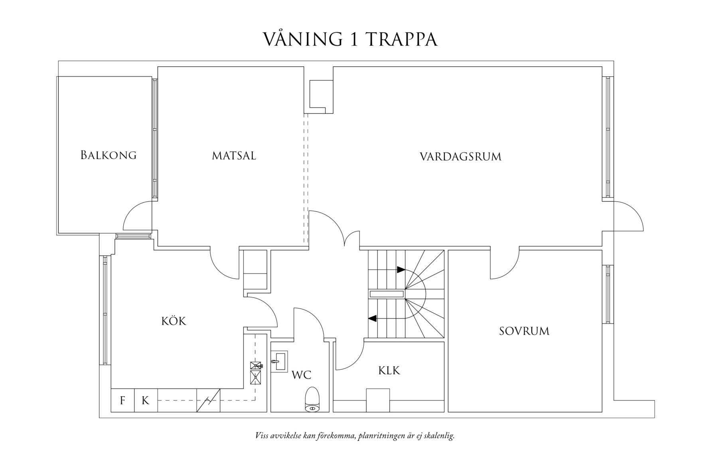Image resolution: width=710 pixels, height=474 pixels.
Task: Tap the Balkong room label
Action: (108, 155)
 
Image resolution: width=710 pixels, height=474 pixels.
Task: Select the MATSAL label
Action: (234, 155)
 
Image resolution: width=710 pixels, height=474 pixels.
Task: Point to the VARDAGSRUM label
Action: (460, 156)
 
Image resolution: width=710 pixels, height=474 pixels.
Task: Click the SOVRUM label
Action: (524, 331)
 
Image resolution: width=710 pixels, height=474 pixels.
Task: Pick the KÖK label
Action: (174, 321)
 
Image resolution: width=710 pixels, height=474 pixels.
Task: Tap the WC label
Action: (301, 375)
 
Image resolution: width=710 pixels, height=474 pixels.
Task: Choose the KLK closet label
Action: (389, 371)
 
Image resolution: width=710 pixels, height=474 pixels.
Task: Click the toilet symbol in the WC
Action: (312, 399)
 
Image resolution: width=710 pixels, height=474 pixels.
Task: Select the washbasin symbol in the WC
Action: (279, 361)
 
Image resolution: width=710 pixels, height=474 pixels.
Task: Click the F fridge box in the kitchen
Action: (122, 400)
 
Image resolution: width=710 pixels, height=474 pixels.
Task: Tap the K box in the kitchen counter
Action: (146, 400)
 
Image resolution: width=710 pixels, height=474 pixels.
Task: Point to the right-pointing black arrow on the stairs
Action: (401, 270)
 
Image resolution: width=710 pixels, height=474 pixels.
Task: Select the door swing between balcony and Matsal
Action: (136, 216)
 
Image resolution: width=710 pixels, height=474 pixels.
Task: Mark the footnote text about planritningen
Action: (355, 435)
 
